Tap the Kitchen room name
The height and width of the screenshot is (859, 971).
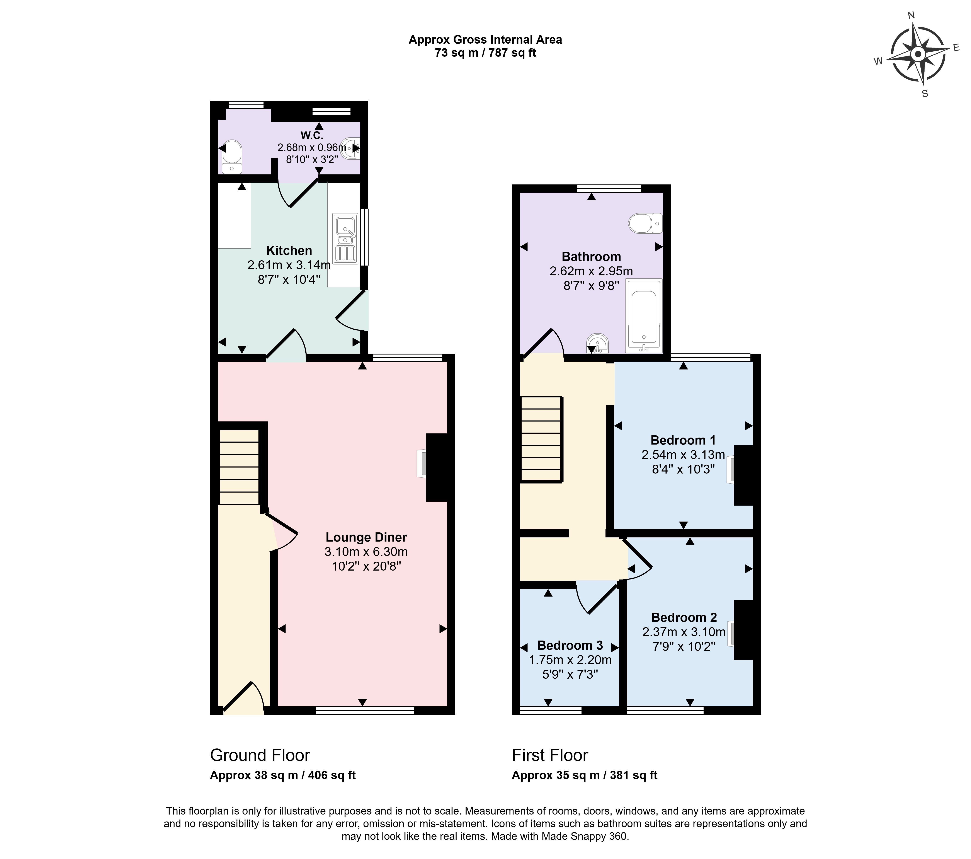click(x=289, y=250)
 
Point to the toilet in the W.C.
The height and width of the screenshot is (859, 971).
click(x=232, y=157)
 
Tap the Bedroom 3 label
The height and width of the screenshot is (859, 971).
click(x=570, y=645)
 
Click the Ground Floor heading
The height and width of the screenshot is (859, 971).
click(x=260, y=755)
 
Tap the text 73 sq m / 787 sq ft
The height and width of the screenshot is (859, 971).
click(x=485, y=53)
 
